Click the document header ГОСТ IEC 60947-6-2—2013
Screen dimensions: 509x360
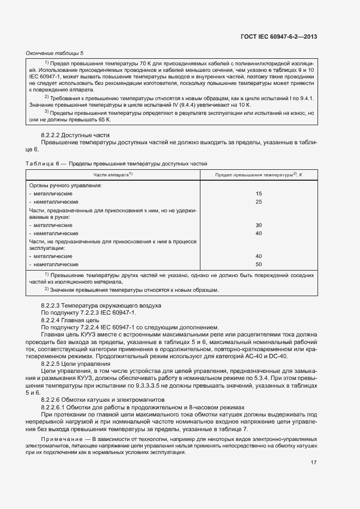coord(278,37)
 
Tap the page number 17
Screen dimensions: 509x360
coord(314,463)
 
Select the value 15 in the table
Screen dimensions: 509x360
coord(259,194)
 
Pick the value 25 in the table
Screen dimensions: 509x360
coord(259,201)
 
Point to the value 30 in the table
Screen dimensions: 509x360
coord(259,225)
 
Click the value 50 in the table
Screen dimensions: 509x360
coord(259,264)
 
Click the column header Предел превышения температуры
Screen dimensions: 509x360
coord(259,175)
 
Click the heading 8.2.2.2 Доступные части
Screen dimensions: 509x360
coord(76,134)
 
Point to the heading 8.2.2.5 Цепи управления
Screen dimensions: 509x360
coord(76,363)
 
